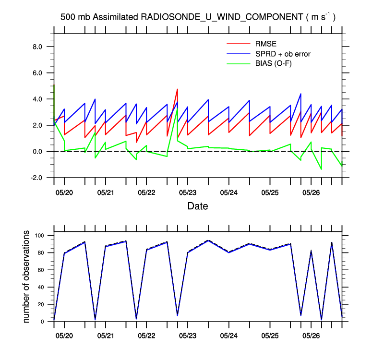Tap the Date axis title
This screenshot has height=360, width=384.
click(x=197, y=206)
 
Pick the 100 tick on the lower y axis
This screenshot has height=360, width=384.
click(x=39, y=236)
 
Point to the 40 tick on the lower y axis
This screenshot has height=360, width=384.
click(x=41, y=287)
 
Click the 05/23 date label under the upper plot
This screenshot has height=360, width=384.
click(x=187, y=192)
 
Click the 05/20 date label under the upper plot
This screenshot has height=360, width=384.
click(x=64, y=192)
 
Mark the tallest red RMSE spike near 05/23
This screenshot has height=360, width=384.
click(x=178, y=89)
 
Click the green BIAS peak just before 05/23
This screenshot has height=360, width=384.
click(x=177, y=108)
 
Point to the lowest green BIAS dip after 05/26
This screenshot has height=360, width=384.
click(x=321, y=169)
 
